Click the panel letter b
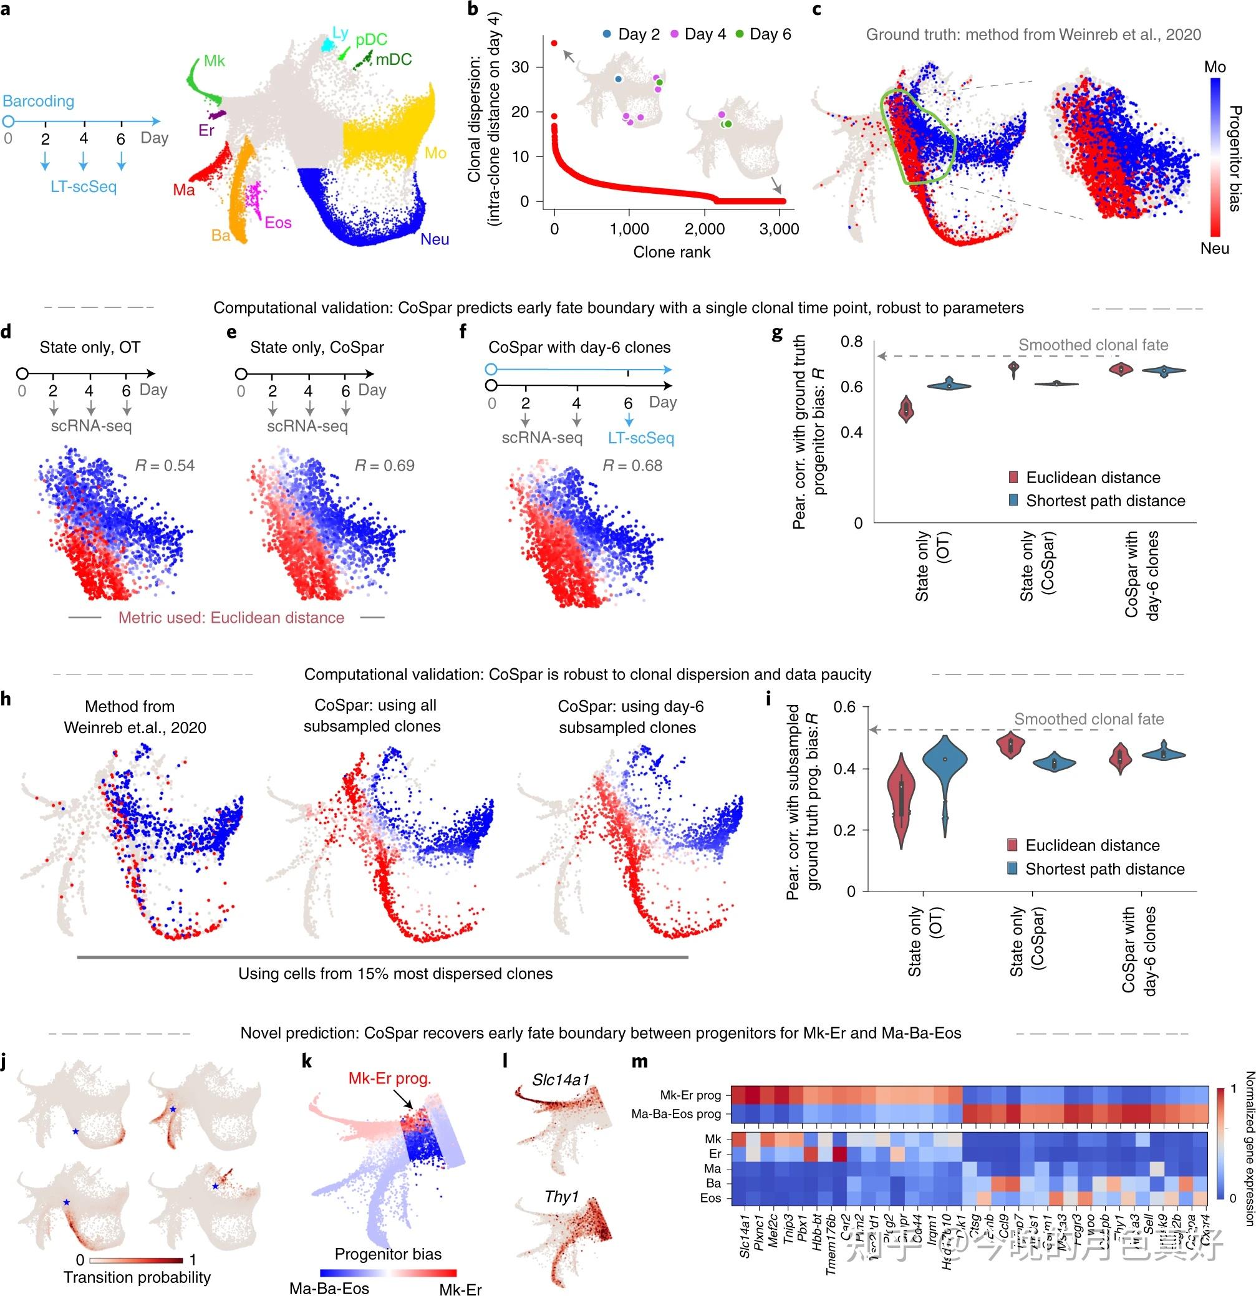click(472, 9)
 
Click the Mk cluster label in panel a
click(215, 61)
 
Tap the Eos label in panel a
click(278, 222)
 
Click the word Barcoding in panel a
click(39, 101)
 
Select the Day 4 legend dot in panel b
click(675, 34)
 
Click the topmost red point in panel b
click(554, 44)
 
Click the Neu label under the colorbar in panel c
click(1214, 248)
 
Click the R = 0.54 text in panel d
click(165, 466)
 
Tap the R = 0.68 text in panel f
click(632, 466)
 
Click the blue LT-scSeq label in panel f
click(641, 438)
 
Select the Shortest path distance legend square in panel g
click(1013, 501)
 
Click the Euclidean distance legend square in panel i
click(1013, 845)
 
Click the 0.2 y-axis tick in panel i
click(844, 830)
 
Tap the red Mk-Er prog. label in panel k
click(390, 1078)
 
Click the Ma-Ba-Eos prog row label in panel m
click(676, 1114)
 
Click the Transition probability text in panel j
click(137, 1277)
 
